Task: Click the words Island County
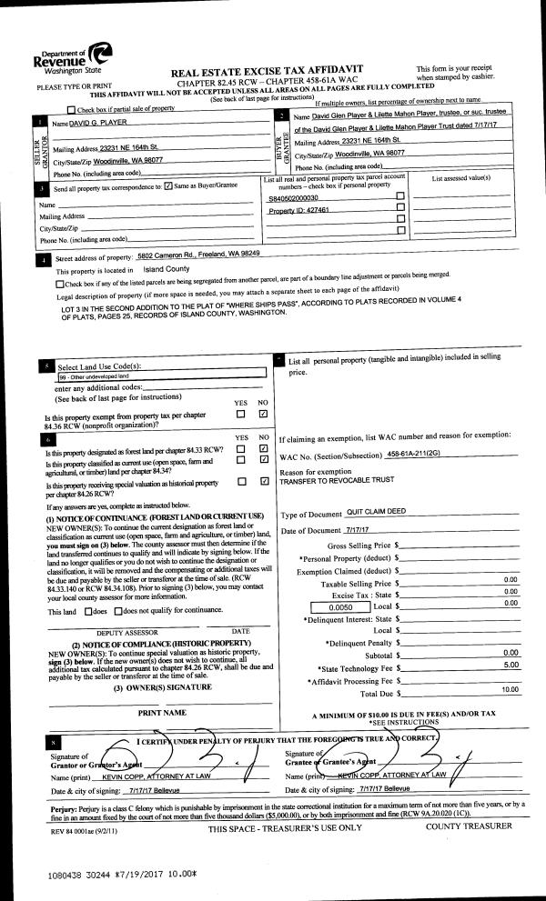click(x=166, y=270)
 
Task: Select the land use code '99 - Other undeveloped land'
click(x=94, y=375)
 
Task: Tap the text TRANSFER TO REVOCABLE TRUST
click(x=339, y=480)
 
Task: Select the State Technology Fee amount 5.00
click(x=510, y=641)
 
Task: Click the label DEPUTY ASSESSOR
click(x=121, y=630)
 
